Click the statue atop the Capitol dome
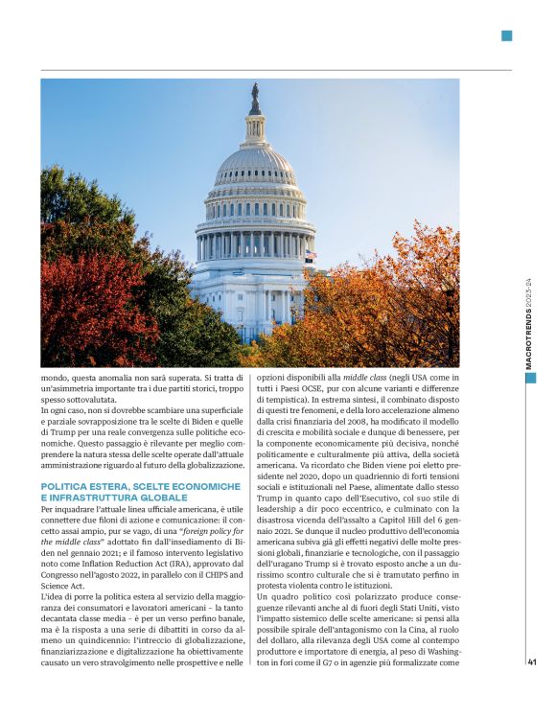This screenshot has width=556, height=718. pos(255,99)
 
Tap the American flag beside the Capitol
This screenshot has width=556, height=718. pos(309,256)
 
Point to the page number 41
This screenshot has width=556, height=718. pos(531,660)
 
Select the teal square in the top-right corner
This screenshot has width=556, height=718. pos(506,36)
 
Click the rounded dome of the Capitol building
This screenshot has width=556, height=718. pos(255,163)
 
